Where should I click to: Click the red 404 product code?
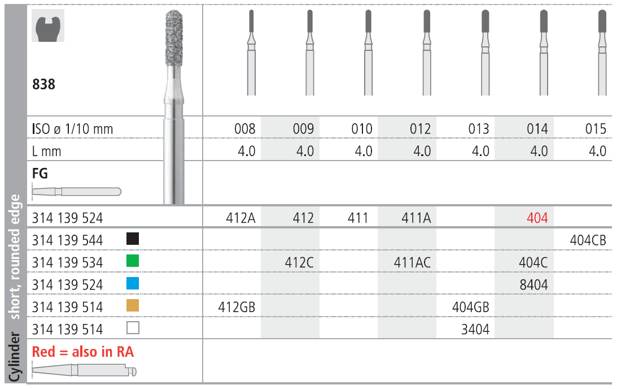coord(537,218)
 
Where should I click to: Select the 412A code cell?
coord(241,218)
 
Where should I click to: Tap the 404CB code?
coord(588,240)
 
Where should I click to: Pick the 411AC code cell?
coord(412,262)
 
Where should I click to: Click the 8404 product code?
coord(533,285)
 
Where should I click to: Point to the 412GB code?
coord(237,307)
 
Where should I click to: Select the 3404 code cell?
coord(475,329)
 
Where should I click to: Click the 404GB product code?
coord(470,307)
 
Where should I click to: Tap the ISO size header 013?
coord(478,129)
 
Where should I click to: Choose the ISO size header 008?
coord(245,129)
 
